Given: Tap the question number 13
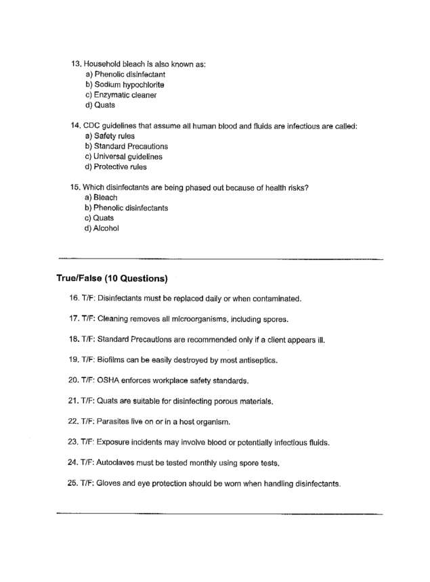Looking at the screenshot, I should tap(76, 64).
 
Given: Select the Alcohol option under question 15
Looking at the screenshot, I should tap(106, 229).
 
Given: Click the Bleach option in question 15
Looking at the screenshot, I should tap(106, 198).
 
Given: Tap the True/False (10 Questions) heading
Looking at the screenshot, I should tap(112, 278).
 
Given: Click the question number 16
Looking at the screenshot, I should tap(73, 298).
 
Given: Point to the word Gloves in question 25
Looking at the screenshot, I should tap(110, 484).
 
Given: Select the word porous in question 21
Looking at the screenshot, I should tap(214, 401).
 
